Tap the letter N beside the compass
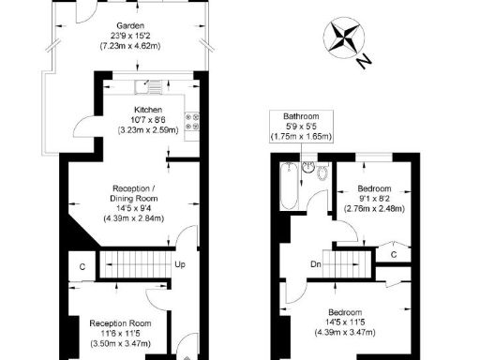click(364, 63)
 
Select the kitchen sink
click(147, 88)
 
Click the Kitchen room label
click(149, 108)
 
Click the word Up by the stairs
click(180, 264)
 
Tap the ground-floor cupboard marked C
click(83, 266)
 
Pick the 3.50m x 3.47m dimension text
click(116, 345)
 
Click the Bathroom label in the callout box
click(302, 117)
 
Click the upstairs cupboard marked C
click(394, 254)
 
